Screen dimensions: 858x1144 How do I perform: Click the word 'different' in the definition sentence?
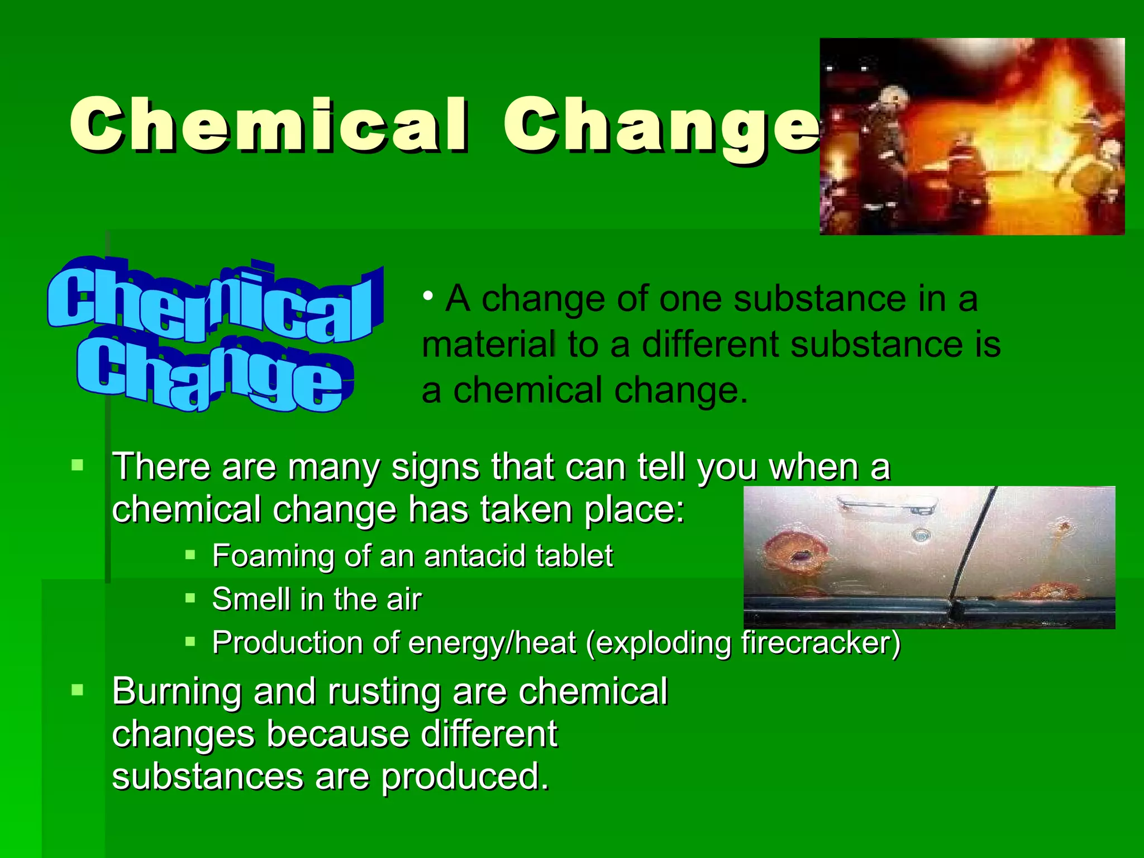(711, 344)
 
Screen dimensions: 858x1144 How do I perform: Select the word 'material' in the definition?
(488, 344)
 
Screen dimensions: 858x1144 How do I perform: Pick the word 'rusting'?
(385, 692)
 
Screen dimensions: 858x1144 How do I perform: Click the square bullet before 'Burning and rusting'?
(78, 690)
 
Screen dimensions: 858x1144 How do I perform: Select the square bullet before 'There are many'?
(78, 465)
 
